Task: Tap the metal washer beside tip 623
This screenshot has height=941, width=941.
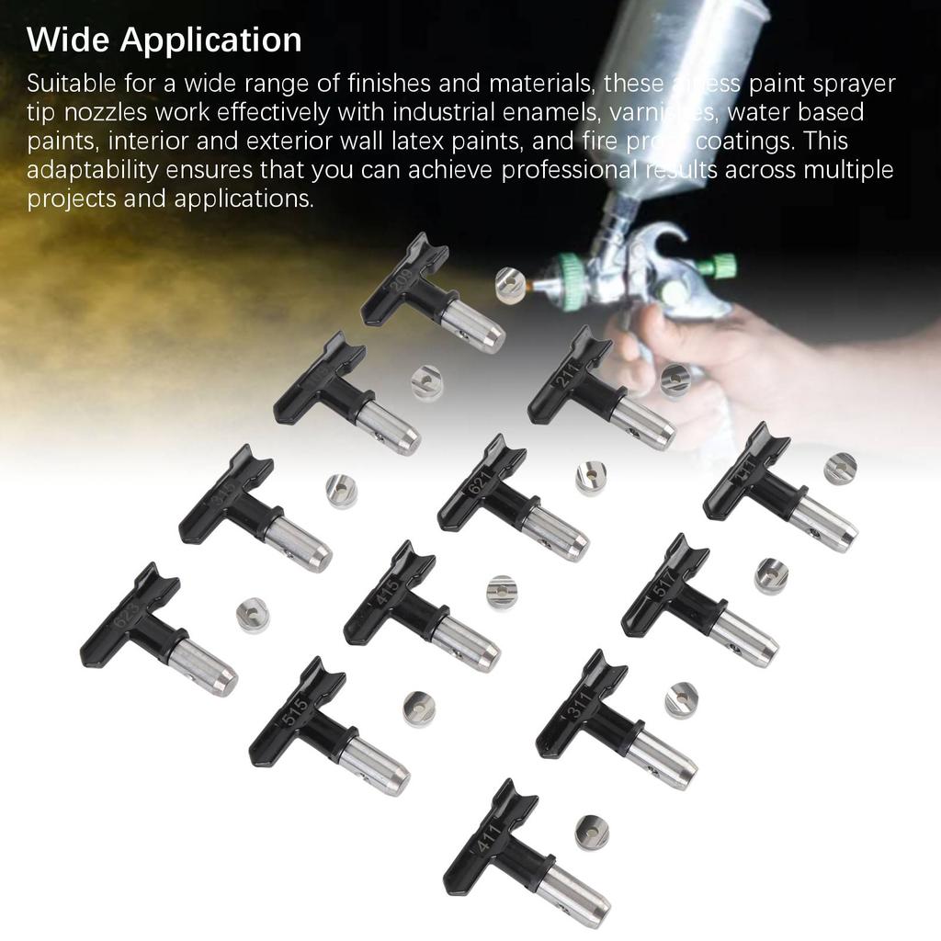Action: pyautogui.click(x=252, y=614)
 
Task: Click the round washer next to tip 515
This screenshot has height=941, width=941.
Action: pyautogui.click(x=418, y=709)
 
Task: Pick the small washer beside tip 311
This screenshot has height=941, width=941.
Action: pyautogui.click(x=681, y=699)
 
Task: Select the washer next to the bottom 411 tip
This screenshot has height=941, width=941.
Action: pyautogui.click(x=592, y=832)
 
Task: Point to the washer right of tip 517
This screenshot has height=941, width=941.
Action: pyautogui.click(x=771, y=575)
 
